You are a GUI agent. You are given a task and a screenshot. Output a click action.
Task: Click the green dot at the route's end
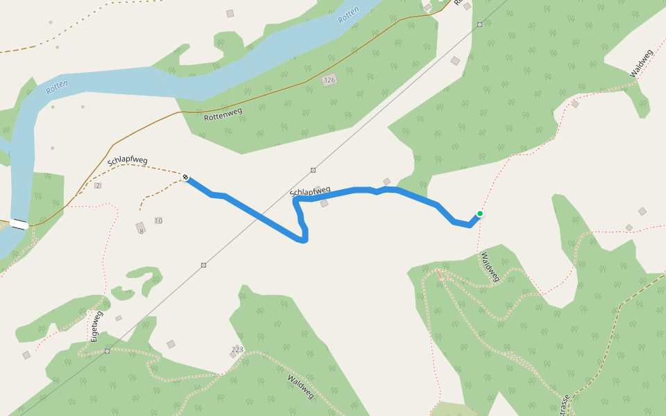pyautogui.click(x=479, y=214)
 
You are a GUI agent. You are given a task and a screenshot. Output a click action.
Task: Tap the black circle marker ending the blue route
pyautogui.click(x=186, y=177)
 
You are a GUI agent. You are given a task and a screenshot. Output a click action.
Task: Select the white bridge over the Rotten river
pyautogui.click(x=19, y=225)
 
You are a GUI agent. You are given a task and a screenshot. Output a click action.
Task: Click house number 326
pyautogui.click(x=329, y=81)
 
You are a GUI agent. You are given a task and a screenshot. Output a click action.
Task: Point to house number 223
pyautogui.click(x=238, y=349)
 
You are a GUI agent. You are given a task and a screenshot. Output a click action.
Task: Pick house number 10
pyautogui.click(x=158, y=220)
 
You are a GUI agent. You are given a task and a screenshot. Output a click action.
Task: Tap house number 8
pyautogui.click(x=141, y=232)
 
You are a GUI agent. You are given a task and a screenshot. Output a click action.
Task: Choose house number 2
pyautogui.click(x=98, y=185)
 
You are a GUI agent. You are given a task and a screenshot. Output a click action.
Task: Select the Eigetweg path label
pyautogui.click(x=96, y=326)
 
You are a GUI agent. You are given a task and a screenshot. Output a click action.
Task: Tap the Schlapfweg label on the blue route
pyautogui.click(x=310, y=191)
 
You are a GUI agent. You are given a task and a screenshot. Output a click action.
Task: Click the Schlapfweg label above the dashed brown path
pyautogui.click(x=127, y=161)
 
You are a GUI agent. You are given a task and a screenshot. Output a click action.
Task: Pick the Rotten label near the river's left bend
pyautogui.click(x=57, y=88)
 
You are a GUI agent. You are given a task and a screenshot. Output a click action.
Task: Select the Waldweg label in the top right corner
pyautogui.click(x=642, y=63)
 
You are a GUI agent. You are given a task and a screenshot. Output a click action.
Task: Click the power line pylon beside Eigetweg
pyautogui.click(x=107, y=351)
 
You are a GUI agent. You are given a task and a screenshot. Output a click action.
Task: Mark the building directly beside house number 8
pyautogui.click(x=140, y=225)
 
